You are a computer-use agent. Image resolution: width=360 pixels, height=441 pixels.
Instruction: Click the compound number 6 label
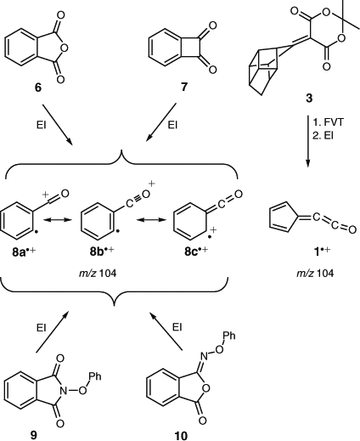[38, 88]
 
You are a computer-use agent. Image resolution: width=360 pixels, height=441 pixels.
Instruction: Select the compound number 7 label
[184, 87]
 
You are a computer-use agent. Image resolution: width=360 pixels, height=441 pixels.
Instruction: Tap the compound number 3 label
[309, 99]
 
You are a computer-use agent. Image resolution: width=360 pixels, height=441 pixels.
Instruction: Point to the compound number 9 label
[33, 435]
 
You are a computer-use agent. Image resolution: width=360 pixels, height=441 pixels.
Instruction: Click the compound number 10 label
[181, 436]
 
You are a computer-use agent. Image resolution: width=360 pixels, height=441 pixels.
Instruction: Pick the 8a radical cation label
[25, 252]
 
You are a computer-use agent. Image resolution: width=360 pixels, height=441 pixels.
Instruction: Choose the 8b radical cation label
[102, 251]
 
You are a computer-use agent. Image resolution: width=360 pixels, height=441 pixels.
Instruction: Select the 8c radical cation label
[196, 251]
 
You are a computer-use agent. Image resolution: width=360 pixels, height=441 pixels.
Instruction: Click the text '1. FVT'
[328, 122]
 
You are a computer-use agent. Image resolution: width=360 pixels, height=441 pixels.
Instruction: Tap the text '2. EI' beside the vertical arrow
[323, 136]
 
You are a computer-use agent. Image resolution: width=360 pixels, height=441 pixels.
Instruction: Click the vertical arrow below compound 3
[308, 141]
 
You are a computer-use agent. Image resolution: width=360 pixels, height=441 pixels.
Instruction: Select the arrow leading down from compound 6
[58, 124]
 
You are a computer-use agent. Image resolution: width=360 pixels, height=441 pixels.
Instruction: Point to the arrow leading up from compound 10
[166, 331]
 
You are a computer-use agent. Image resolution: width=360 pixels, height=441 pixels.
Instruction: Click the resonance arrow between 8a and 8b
[57, 219]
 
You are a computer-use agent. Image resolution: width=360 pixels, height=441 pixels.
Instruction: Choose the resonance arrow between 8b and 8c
[151, 219]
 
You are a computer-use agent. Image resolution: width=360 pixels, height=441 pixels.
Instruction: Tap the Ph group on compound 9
[94, 376]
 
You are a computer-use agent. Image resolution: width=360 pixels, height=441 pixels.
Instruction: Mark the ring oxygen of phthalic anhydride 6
[64, 48]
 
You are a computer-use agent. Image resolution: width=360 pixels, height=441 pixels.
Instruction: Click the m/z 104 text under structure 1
[315, 274]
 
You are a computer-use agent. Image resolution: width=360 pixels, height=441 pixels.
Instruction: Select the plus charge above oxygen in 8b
[152, 184]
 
